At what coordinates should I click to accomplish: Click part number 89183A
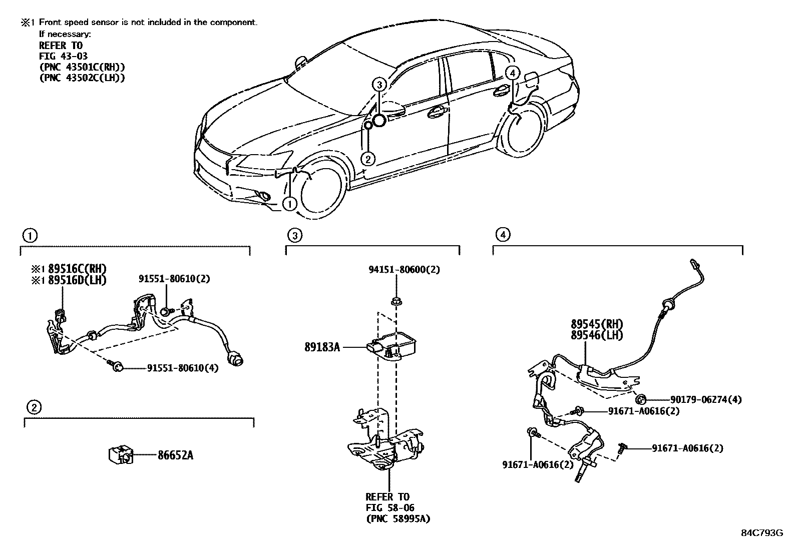[x=322, y=346]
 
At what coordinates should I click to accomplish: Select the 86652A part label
[x=176, y=455]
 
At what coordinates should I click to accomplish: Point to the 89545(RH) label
[x=597, y=324]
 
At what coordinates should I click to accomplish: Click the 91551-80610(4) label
[x=183, y=368]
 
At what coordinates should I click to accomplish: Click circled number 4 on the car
[x=511, y=73]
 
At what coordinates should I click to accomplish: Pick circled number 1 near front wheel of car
[x=289, y=204]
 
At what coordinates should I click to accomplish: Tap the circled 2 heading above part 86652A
[x=33, y=407]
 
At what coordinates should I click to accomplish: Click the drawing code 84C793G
[x=761, y=532]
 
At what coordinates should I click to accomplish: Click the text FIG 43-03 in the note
[x=64, y=56]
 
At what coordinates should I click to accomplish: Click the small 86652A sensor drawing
[x=120, y=454]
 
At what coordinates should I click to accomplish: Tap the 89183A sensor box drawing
[x=395, y=345]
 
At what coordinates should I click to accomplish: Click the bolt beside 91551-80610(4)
[x=117, y=368]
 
